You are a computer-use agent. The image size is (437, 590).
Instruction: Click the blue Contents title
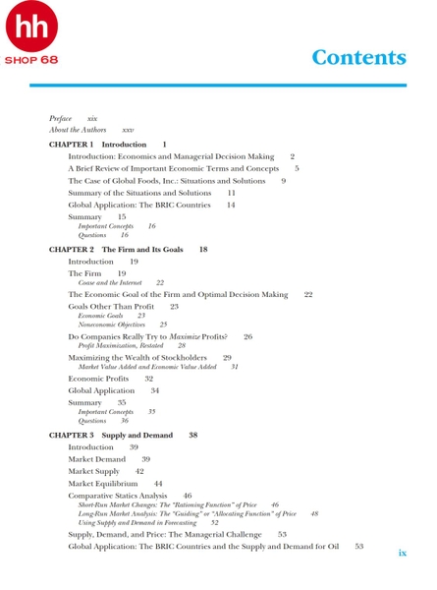(x=358, y=56)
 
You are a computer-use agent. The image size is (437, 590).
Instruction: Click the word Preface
(x=61, y=118)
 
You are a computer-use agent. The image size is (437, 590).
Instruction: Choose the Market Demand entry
(x=97, y=459)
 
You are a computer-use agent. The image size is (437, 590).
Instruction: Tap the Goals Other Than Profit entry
(x=113, y=307)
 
